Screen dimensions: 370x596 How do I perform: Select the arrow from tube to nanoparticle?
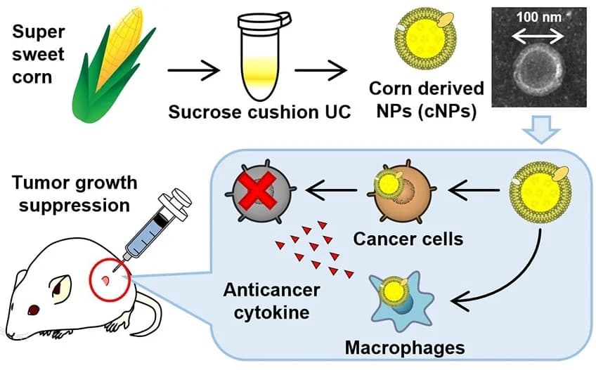(x=320, y=70)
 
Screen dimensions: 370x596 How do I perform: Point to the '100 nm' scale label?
(x=538, y=15)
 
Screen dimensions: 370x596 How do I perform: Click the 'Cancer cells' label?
(x=408, y=239)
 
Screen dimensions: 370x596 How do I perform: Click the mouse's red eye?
(x=32, y=310)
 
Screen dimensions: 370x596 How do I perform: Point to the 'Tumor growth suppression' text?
(x=73, y=195)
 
